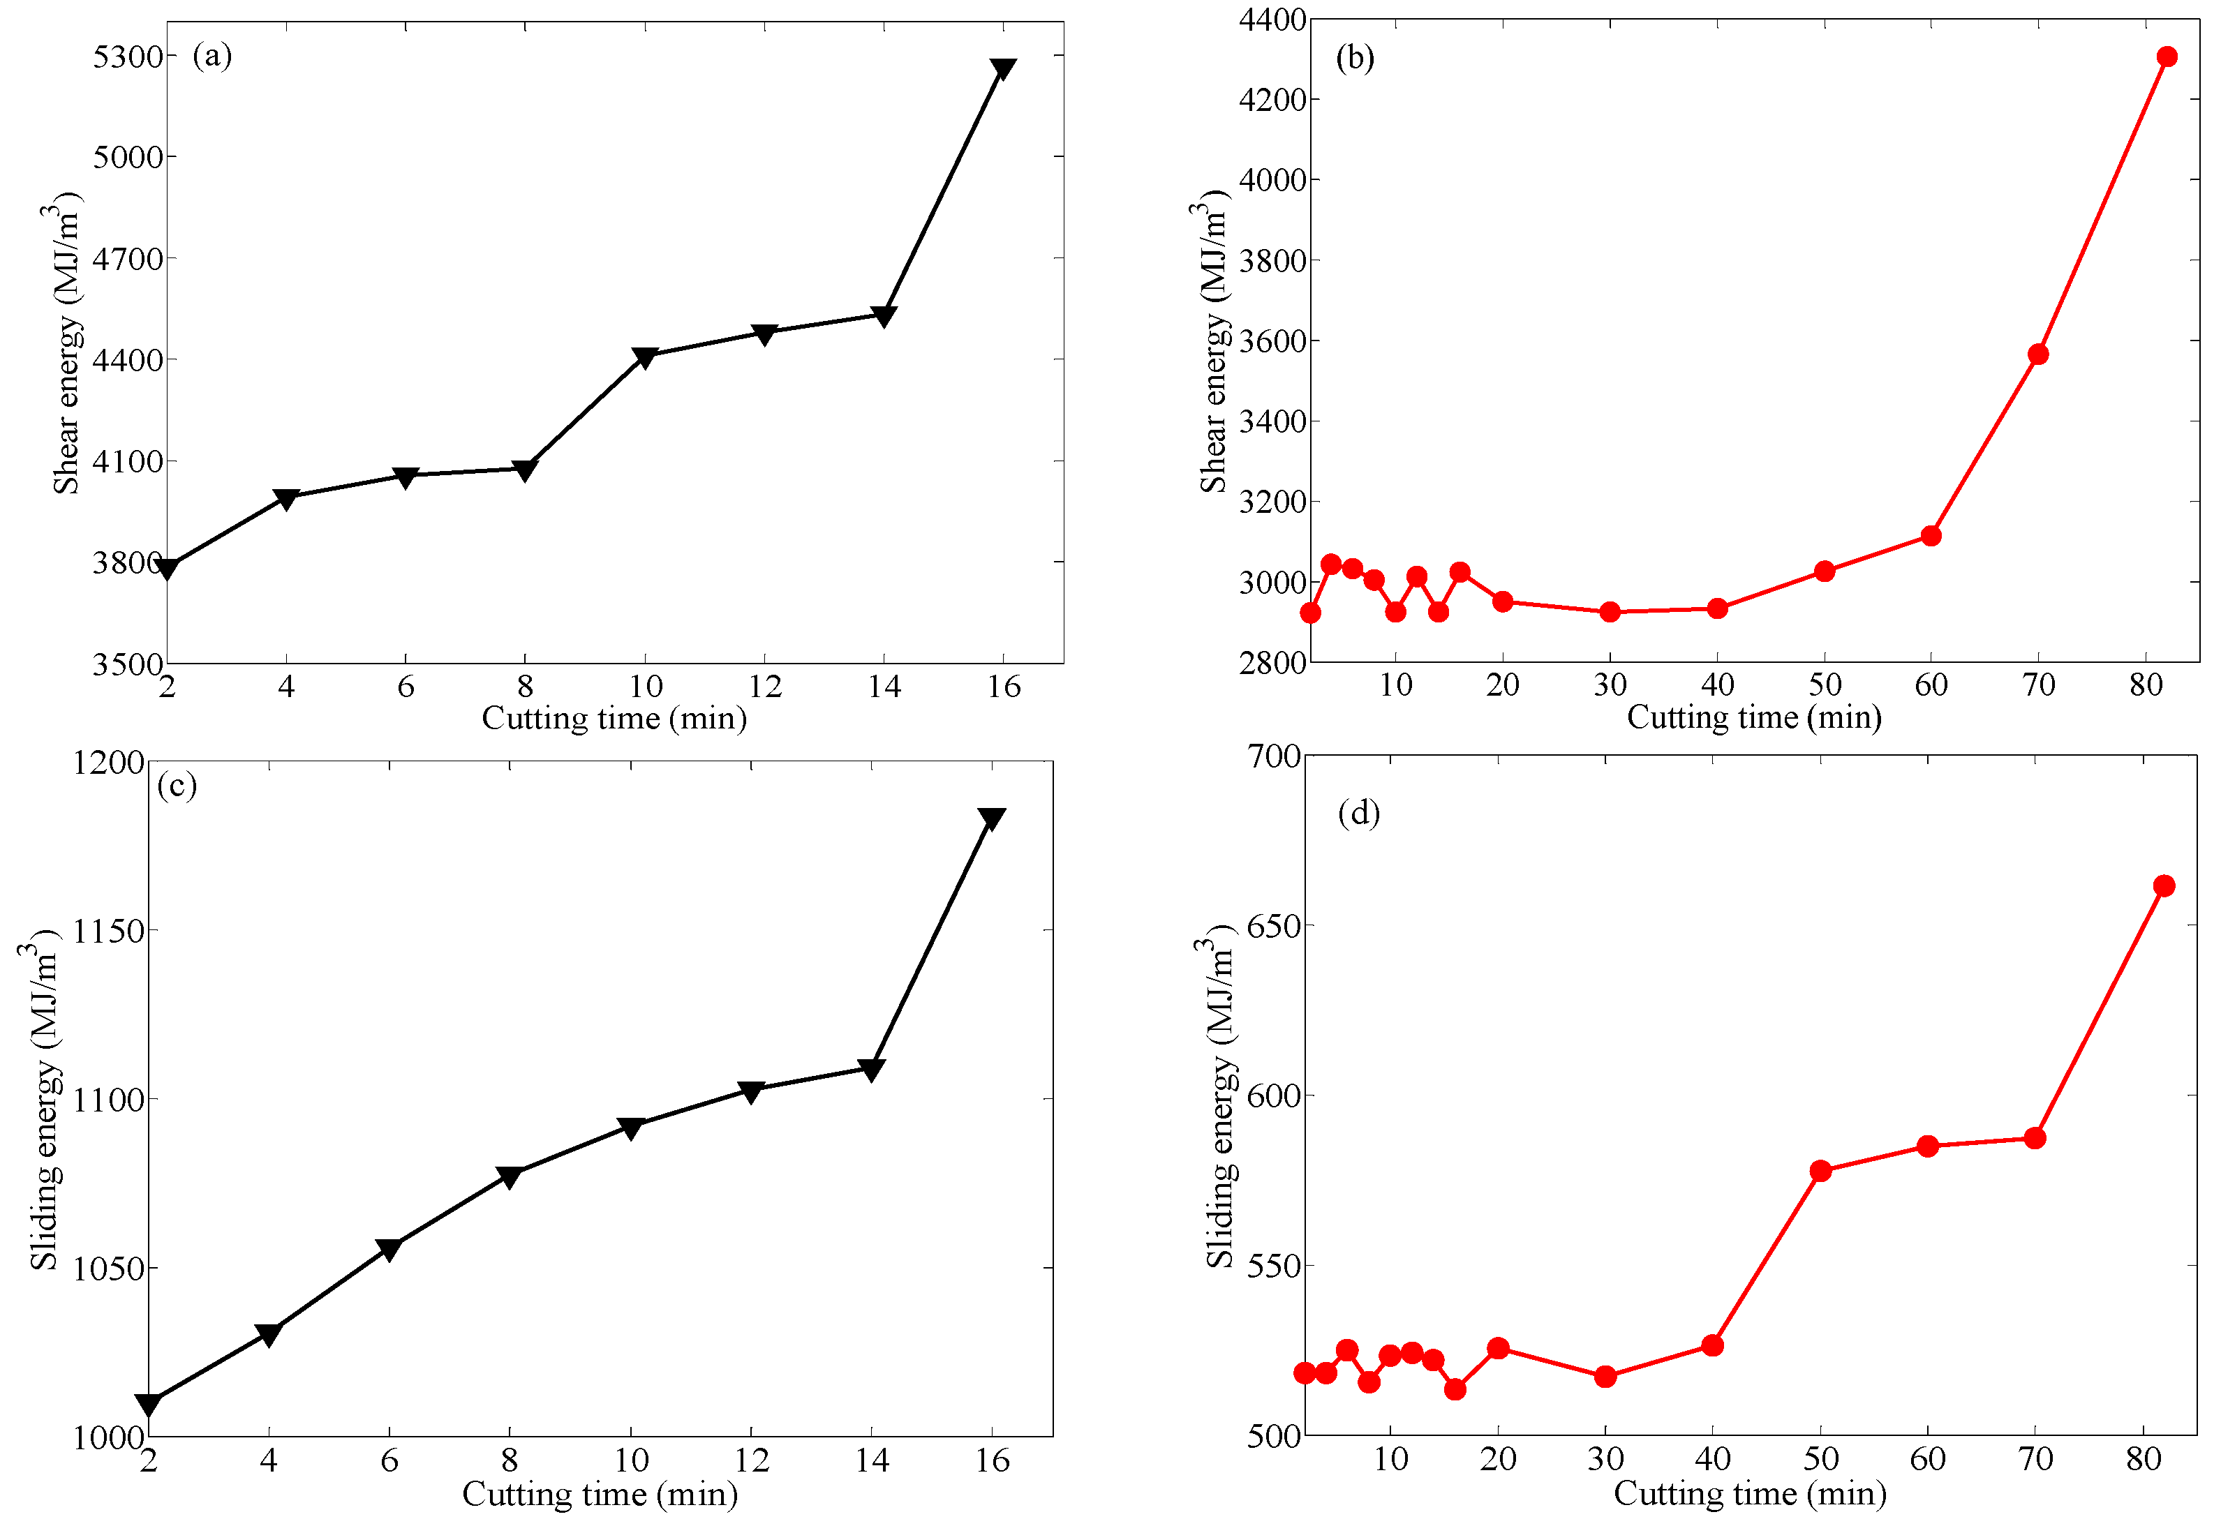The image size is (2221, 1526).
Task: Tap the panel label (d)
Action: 1358,813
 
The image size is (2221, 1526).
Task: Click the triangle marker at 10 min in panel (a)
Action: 645,357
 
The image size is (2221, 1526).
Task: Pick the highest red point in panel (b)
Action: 2167,57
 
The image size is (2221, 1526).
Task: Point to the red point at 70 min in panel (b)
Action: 2038,354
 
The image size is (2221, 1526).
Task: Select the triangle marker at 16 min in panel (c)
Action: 992,818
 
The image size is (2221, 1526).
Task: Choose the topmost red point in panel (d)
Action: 2164,885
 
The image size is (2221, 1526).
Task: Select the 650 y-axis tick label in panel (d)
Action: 1274,925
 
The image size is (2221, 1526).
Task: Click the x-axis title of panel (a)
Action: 614,718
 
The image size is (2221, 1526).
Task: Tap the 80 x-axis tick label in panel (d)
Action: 2144,1459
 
